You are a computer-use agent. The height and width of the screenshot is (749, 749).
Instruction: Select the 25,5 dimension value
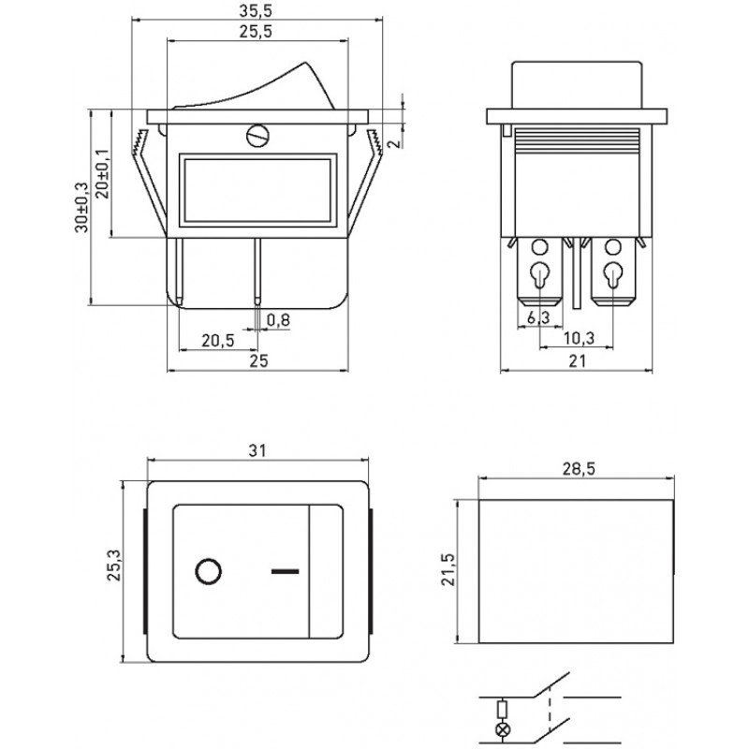(x=256, y=32)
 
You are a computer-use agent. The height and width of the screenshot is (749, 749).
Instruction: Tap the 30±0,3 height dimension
(x=81, y=207)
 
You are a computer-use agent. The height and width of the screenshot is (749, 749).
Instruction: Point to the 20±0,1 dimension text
(x=103, y=173)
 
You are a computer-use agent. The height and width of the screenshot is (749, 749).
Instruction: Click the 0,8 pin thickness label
(x=278, y=319)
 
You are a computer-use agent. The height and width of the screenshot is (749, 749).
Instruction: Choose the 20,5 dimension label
(x=218, y=341)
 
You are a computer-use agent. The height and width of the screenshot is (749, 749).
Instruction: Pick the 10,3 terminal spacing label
(x=579, y=338)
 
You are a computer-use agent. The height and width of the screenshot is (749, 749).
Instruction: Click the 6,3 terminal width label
(x=538, y=316)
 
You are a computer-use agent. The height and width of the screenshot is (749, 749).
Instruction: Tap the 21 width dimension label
(x=577, y=361)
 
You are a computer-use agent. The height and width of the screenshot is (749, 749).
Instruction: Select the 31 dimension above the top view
(x=257, y=450)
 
